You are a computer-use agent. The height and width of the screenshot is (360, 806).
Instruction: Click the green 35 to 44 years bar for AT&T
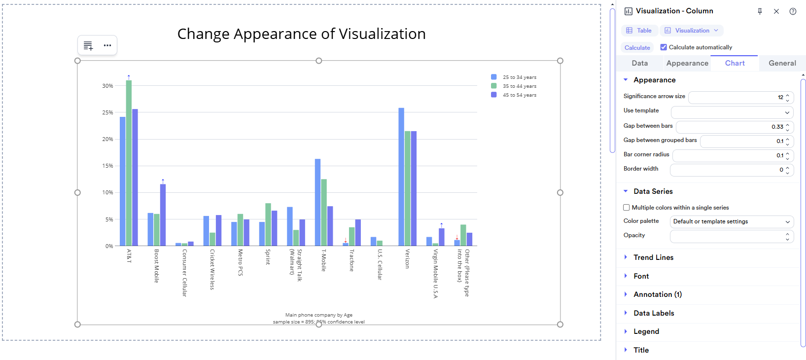click(129, 163)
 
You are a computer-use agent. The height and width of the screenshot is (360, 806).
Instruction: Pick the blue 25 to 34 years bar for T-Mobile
click(318, 202)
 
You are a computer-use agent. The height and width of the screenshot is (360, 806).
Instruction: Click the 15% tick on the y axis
click(107, 166)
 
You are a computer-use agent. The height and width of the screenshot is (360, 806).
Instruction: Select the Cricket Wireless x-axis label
click(212, 269)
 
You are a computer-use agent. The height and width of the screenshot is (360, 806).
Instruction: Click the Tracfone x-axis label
click(351, 260)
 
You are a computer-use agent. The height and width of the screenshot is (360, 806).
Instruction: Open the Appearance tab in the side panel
click(687, 63)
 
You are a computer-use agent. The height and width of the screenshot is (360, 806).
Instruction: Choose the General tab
click(782, 63)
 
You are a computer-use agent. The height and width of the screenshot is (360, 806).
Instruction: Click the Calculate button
click(637, 48)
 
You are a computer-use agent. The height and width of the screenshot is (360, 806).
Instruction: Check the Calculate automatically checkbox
click(664, 47)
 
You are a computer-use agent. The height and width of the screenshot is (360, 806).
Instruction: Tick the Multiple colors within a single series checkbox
click(627, 208)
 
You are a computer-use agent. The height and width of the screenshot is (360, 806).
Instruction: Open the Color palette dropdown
click(732, 222)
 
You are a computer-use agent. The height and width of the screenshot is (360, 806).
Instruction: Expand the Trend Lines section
click(653, 257)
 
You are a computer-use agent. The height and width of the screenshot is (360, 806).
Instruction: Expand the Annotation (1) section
click(657, 294)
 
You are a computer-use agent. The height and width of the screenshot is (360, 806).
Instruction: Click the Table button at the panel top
click(639, 31)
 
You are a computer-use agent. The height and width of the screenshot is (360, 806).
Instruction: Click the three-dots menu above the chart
click(107, 45)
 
